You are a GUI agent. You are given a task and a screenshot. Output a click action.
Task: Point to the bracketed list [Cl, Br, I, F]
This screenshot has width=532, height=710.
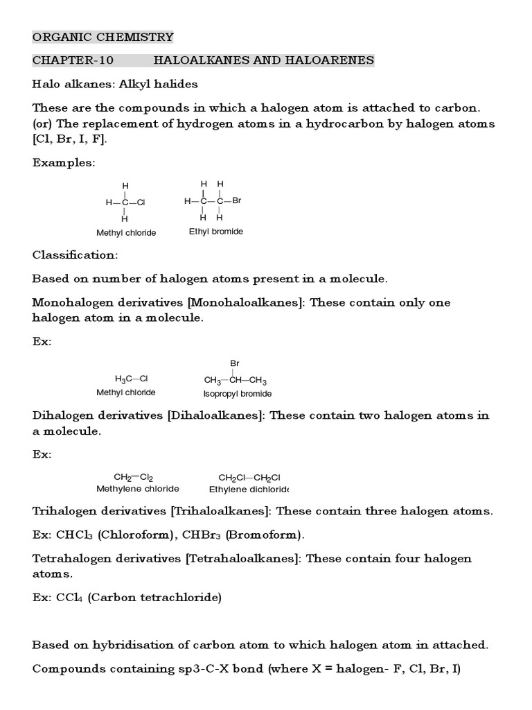pyautogui.click(x=70, y=139)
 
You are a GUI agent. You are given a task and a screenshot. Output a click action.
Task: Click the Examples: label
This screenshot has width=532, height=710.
pyautogui.click(x=64, y=162)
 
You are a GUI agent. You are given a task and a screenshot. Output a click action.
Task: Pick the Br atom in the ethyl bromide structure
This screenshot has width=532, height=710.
pyautogui.click(x=236, y=200)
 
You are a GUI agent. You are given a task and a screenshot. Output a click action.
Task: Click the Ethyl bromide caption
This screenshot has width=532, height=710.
pyautogui.click(x=216, y=232)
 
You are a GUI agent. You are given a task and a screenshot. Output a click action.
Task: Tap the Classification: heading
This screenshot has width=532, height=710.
pyautogui.click(x=75, y=254)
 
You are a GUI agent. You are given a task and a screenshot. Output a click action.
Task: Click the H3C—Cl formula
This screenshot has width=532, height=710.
pyautogui.click(x=131, y=379)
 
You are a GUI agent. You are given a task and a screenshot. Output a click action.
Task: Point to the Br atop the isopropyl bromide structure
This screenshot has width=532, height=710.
pyautogui.click(x=235, y=363)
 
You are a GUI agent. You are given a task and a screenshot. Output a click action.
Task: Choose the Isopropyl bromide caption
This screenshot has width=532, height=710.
pyautogui.click(x=237, y=394)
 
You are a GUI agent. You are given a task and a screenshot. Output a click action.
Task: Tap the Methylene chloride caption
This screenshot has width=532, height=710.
pyautogui.click(x=137, y=489)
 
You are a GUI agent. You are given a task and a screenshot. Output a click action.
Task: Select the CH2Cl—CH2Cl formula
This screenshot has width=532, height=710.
pyautogui.click(x=249, y=477)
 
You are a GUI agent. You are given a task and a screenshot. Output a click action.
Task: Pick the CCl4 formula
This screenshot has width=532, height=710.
pyautogui.click(x=70, y=598)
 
